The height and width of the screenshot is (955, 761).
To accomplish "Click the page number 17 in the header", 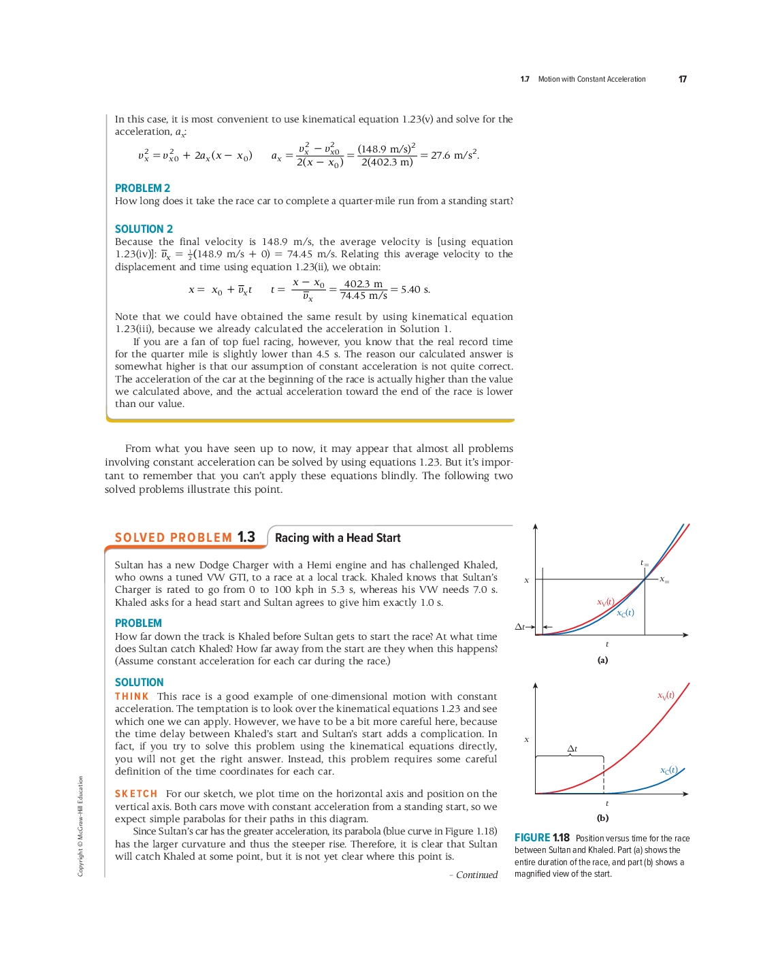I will click(682, 80).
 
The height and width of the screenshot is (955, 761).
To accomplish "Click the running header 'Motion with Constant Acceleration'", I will click(592, 80).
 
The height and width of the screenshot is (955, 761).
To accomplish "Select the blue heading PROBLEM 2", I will click(142, 189).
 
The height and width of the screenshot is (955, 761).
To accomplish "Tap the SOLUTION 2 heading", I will click(144, 229).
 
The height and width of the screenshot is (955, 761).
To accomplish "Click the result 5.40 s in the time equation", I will click(415, 289).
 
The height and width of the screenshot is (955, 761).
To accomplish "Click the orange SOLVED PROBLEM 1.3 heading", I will click(184, 538).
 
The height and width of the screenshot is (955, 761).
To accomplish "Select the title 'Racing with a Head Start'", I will click(338, 538).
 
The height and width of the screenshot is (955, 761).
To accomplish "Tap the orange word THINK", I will click(131, 696).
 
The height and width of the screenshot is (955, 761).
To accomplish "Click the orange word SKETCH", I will click(136, 794).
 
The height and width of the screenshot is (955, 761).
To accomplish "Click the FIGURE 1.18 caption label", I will click(542, 838).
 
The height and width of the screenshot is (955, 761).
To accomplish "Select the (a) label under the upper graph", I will click(602, 660).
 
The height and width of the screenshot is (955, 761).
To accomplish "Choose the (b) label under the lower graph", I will click(602, 818).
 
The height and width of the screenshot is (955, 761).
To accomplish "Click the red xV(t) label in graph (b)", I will click(666, 695).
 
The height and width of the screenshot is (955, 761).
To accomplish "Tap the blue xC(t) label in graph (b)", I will click(668, 770).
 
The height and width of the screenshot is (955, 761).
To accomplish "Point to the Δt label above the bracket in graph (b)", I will click(572, 749).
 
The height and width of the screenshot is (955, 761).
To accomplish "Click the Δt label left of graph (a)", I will click(520, 627).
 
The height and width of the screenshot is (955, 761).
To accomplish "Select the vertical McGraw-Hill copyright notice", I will click(80, 826).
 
